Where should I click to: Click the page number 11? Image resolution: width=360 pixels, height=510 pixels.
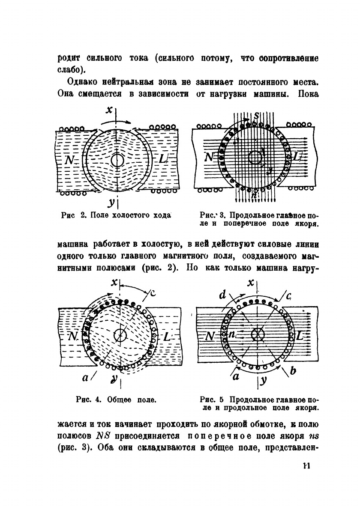coord(305,466)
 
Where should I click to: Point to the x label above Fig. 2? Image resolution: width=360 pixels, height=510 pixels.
coord(110,110)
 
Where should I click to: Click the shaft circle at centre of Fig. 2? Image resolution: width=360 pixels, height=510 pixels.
coord(117,160)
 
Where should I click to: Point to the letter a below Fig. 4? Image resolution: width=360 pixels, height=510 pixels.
coord(85,377)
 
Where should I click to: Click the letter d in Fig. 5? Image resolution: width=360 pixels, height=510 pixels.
coord(222,295)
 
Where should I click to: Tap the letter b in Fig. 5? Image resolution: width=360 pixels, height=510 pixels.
coord(293,371)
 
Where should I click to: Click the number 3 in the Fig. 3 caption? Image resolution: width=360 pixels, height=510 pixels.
coord(222,215)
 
